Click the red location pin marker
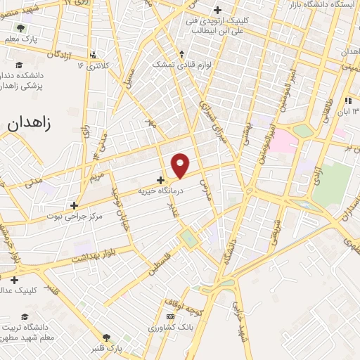[181, 165]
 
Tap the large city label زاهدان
[30, 122]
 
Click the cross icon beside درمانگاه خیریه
[160, 180]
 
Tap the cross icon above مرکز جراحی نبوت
[75, 205]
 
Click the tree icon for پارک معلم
[20, 28]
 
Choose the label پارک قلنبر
[108, 348]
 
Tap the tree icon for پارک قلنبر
[107, 338]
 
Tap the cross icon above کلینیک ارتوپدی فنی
[217, 10]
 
